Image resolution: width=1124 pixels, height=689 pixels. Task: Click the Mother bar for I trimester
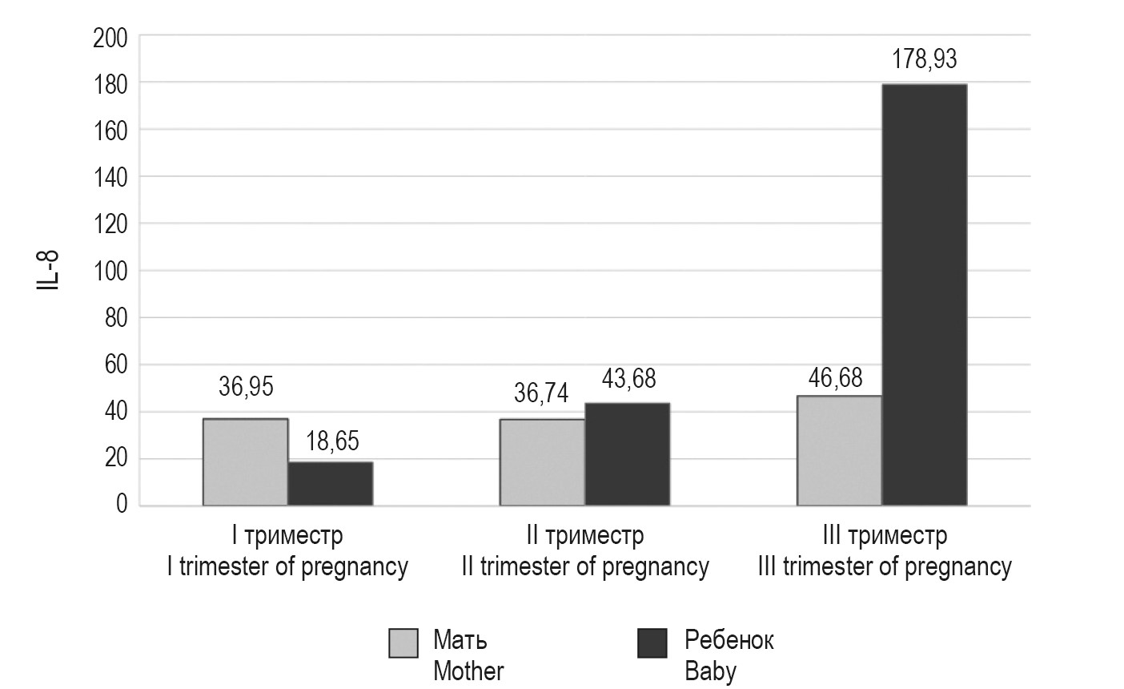click(245, 462)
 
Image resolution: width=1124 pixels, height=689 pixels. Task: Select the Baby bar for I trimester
click(330, 484)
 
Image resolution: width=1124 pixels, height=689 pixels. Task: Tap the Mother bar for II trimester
click(542, 462)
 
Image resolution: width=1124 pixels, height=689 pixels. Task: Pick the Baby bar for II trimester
click(627, 454)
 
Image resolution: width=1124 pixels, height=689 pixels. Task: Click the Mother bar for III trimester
click(839, 451)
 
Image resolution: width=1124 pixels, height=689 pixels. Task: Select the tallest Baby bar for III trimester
click(924, 295)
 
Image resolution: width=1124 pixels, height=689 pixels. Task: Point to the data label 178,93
click(925, 60)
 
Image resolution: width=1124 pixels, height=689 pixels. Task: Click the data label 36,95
click(246, 388)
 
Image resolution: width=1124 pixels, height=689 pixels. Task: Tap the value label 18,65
click(331, 442)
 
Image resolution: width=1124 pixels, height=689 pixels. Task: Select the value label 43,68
click(628, 379)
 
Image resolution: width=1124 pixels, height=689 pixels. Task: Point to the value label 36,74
click(540, 393)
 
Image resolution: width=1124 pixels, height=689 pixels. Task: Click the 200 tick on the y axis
click(110, 37)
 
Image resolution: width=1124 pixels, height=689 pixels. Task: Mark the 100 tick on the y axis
click(110, 272)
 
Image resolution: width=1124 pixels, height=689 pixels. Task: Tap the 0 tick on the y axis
click(121, 506)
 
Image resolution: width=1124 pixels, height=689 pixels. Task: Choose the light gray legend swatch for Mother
click(403, 643)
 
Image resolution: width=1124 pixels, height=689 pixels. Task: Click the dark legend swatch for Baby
click(652, 643)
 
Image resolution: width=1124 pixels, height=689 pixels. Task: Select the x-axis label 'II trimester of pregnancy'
click(585, 567)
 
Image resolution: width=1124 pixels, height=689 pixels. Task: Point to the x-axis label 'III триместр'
click(885, 535)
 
